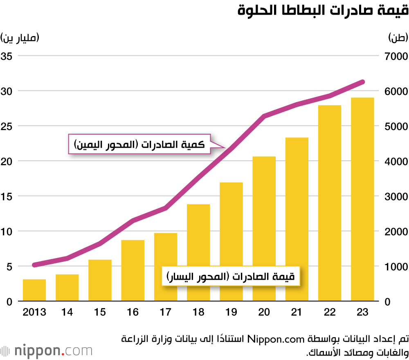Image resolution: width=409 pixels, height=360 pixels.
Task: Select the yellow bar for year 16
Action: click(x=133, y=271)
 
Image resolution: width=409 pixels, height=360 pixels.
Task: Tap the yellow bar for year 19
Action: click(x=231, y=242)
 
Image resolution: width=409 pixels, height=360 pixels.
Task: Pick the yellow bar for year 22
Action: click(x=330, y=203)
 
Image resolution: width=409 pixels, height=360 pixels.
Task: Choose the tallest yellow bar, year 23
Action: click(x=362, y=200)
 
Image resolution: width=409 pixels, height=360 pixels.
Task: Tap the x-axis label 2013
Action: click(x=34, y=312)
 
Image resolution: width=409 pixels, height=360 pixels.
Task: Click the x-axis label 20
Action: click(x=264, y=312)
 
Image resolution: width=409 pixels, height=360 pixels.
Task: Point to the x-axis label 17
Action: click(x=165, y=312)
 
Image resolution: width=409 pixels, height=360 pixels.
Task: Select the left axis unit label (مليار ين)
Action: click(x=20, y=38)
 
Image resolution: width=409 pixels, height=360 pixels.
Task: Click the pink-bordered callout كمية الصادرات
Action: click(x=139, y=144)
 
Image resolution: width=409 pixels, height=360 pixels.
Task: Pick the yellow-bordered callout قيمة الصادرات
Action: click(x=231, y=277)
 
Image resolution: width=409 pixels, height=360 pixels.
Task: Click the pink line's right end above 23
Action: click(x=362, y=82)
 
